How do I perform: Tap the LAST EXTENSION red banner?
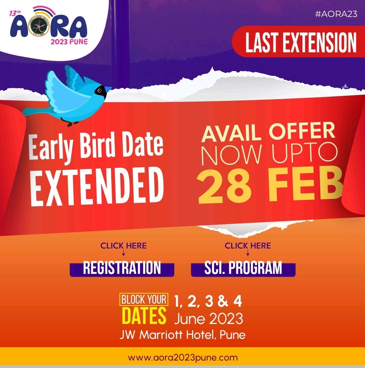tap(301, 43)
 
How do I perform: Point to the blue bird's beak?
tap(108, 89)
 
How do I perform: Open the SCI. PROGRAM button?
tap(243, 268)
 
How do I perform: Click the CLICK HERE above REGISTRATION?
tap(123, 245)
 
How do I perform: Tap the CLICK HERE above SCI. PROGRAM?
tap(248, 245)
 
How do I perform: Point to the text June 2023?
tap(209, 319)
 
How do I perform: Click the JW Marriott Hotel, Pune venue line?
tap(182, 335)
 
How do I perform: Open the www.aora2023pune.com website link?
tap(183, 358)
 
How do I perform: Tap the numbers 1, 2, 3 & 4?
tap(208, 301)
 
